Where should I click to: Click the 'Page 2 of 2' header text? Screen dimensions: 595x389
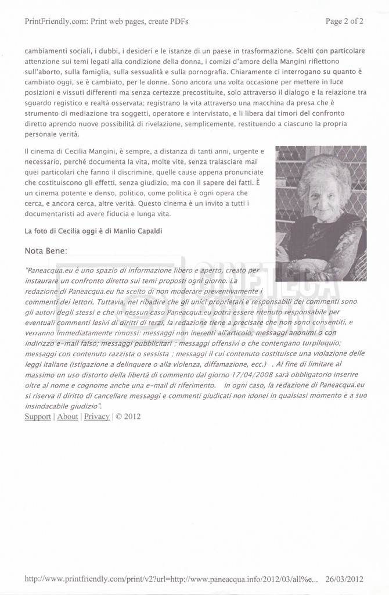pos(345,22)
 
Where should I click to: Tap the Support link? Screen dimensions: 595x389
pos(38,416)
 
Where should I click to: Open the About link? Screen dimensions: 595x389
pos(67,416)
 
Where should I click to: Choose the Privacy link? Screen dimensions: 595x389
pos(96,416)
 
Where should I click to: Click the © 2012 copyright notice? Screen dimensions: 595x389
pos(128,416)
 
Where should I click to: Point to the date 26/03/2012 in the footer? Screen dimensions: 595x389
pos(345,579)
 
